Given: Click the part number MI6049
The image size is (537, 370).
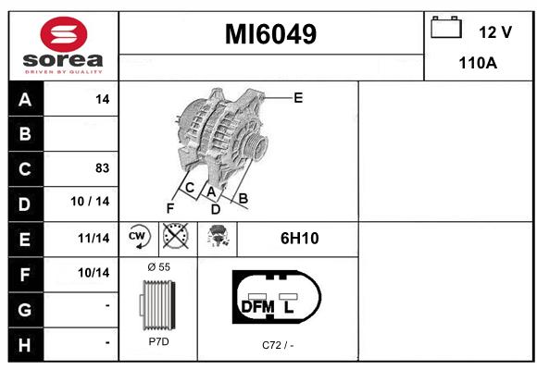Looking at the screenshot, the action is tap(270, 34).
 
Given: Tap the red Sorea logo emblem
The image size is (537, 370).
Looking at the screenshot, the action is tap(64, 34).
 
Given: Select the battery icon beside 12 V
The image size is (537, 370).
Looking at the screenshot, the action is tap(446, 27).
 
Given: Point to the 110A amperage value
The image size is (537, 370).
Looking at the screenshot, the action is tap(478, 63).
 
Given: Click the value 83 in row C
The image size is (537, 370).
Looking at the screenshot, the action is tap(103, 168).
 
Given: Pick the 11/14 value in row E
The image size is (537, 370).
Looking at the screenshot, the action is tap(94, 238).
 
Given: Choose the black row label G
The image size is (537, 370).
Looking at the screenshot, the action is tap(25, 310).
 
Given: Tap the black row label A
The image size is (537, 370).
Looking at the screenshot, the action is tap(25, 99).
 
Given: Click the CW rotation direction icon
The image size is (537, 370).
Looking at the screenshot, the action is tap(138, 237).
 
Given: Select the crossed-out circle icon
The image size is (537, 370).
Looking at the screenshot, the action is tap(176, 236).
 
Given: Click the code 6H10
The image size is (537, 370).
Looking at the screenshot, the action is tap(300, 239).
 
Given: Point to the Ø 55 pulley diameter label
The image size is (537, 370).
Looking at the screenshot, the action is tap(159, 266).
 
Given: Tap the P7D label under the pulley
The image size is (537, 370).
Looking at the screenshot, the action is tap(159, 341).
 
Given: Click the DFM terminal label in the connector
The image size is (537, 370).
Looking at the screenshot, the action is tap(258, 307).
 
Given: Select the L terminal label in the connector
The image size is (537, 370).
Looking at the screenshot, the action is tap(289, 307).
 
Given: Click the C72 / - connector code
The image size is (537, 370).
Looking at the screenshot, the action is tap(278, 345).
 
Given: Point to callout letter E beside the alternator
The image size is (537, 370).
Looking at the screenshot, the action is tap(298, 98).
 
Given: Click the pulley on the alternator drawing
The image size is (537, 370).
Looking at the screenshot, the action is tap(256, 147).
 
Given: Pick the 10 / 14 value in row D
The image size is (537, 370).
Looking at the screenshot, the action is tap(90, 202).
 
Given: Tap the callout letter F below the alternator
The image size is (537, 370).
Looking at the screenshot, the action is tap(170, 208).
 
